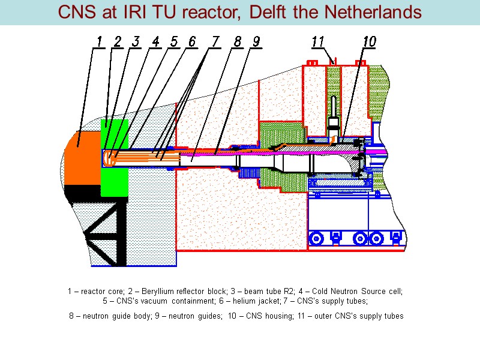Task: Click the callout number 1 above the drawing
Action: click(x=99, y=41)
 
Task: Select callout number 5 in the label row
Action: click(x=173, y=41)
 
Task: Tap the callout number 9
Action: click(x=256, y=41)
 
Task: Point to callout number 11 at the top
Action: click(x=318, y=41)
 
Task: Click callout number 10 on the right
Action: click(x=369, y=41)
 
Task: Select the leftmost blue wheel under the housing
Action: click(x=317, y=239)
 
